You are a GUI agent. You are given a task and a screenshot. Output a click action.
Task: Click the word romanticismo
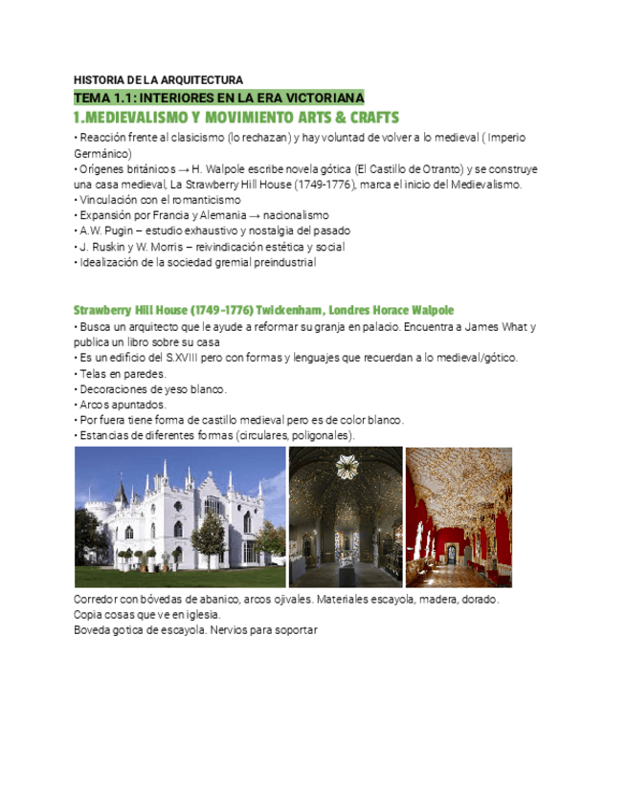(195, 200)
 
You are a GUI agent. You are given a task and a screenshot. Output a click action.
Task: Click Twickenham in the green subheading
(291, 311)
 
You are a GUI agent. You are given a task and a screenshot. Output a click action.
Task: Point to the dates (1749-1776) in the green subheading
(222, 311)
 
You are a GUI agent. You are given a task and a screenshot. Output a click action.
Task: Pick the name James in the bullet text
(472, 327)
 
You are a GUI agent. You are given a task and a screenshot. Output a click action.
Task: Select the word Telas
(93, 374)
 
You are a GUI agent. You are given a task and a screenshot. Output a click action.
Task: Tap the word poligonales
(320, 436)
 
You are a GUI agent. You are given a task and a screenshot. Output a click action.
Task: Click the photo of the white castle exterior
(180, 517)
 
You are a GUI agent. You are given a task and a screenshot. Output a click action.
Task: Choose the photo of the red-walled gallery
(459, 517)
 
